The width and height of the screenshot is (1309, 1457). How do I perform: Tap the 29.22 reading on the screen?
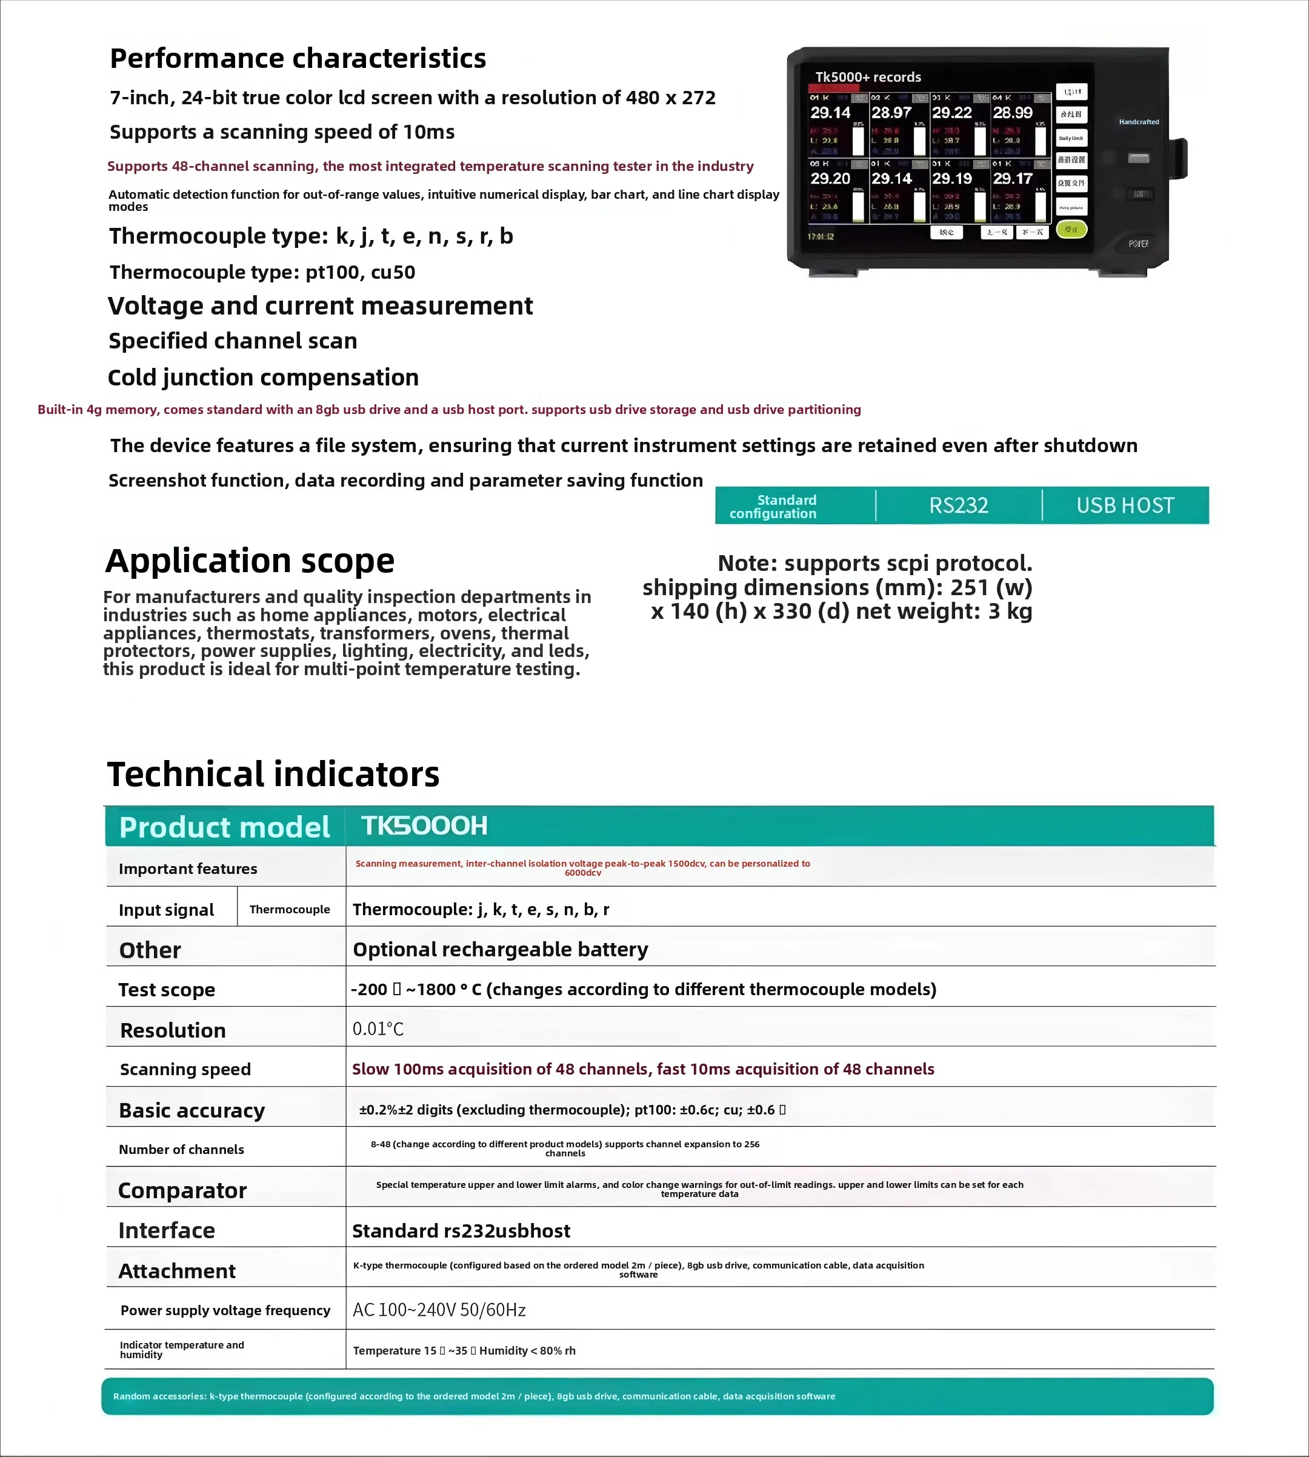[951, 113]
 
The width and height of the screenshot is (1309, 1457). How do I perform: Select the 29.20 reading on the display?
[830, 178]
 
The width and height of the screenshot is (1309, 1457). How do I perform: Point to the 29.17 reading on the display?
[1013, 178]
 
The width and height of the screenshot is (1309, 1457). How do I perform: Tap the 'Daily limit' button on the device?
[1071, 138]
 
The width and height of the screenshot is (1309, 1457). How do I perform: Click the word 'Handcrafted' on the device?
[1139, 122]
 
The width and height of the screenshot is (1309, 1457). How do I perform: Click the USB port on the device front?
[1139, 158]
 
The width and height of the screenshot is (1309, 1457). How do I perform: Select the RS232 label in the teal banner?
[959, 505]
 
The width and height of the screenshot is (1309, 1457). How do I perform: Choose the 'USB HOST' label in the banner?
[1125, 505]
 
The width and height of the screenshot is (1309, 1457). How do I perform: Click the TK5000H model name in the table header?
[424, 825]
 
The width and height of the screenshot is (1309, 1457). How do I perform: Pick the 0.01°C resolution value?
[378, 1029]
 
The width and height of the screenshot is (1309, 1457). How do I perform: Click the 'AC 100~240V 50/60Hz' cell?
[439, 1310]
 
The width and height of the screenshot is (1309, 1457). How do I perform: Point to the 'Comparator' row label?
[182, 1190]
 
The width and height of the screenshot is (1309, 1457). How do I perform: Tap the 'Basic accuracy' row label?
[192, 1110]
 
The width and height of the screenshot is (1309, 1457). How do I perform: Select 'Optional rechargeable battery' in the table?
[501, 949]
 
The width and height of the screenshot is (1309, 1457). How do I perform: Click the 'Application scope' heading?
[250, 561]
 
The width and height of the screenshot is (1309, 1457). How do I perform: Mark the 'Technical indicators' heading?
[273, 775]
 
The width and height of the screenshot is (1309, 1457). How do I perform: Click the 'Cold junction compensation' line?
[263, 378]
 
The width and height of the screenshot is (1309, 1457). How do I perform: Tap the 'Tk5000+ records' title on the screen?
[868, 77]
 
